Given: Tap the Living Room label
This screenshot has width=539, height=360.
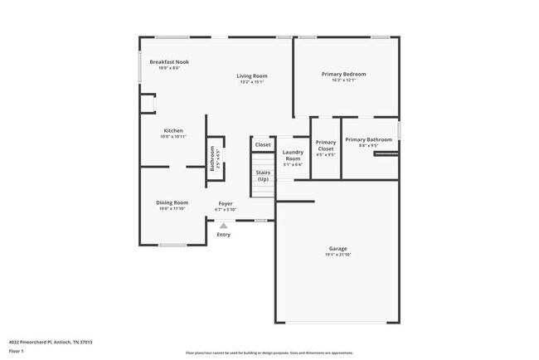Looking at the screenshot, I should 252,75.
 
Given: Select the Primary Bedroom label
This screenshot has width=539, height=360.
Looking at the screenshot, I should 343,74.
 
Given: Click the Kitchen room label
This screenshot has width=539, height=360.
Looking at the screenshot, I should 173,130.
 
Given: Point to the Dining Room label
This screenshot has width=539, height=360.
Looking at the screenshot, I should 172,202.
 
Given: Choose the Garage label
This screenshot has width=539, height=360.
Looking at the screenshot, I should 337,248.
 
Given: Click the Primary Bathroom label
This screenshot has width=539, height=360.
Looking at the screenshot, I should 368,139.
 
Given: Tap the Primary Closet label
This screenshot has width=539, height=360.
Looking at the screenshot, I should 326,145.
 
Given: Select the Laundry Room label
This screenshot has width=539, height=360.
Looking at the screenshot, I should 293,155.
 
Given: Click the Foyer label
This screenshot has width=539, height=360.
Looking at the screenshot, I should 226,203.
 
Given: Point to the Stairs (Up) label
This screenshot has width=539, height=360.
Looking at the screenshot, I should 263,176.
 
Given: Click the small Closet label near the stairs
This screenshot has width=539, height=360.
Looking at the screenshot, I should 263,144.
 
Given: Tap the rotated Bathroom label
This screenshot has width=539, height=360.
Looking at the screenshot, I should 212,158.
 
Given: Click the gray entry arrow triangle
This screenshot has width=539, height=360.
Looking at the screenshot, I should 223,225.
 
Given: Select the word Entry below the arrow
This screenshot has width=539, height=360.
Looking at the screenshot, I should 224,235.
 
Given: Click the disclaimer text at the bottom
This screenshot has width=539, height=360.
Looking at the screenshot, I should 269,352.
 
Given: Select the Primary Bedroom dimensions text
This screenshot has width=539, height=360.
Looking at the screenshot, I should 343,80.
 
